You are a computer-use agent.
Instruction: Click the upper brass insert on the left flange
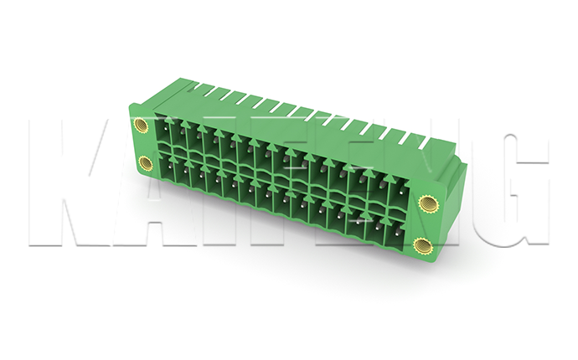pos(141,126)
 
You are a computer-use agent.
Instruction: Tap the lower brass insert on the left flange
pos(145,163)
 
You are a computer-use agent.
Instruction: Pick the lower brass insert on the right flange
pos(421,246)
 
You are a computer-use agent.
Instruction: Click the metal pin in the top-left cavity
pos(166,129)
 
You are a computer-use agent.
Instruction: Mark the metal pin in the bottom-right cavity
pos(399,233)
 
